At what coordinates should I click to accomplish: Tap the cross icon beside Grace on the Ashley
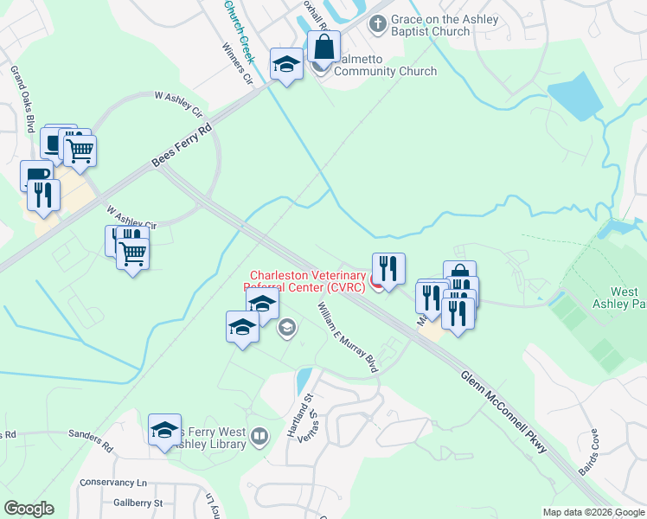(377, 24)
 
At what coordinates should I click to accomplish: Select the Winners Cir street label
(236, 64)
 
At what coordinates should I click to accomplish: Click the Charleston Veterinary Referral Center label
(306, 281)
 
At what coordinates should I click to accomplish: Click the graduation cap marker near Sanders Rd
(164, 430)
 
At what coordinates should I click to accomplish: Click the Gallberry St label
(138, 502)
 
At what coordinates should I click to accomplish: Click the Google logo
(29, 509)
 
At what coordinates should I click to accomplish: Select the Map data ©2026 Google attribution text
(593, 512)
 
